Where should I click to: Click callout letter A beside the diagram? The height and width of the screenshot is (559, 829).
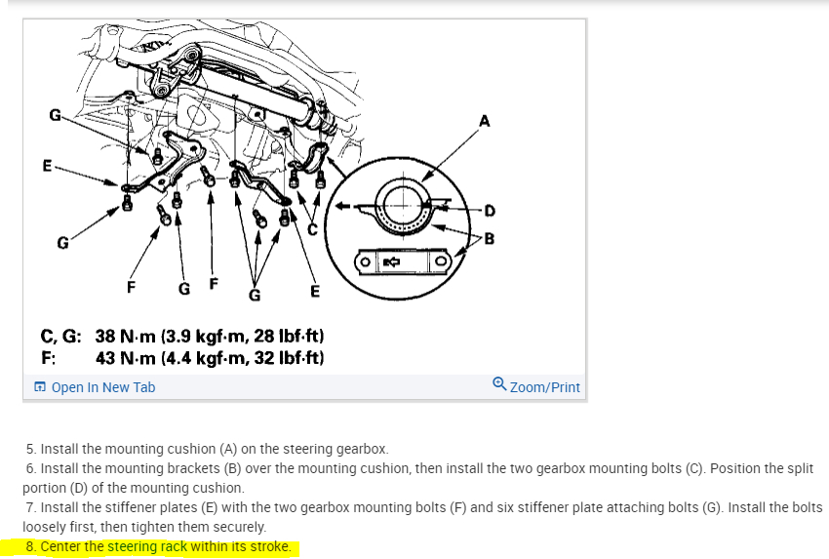pyautogui.click(x=485, y=121)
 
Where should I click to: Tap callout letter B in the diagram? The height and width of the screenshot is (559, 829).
pyautogui.click(x=490, y=237)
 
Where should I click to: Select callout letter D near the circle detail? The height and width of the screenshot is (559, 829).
pyautogui.click(x=490, y=209)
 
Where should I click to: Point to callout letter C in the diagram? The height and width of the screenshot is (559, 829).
pyautogui.click(x=313, y=229)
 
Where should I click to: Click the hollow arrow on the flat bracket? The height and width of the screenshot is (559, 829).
pyautogui.click(x=391, y=262)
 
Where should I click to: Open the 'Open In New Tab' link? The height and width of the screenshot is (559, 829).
pyautogui.click(x=102, y=387)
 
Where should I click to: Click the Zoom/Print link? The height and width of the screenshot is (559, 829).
pyautogui.click(x=544, y=387)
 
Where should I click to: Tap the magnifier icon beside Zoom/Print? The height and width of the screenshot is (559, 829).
pyautogui.click(x=499, y=386)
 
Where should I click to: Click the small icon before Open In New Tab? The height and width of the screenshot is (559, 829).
pyautogui.click(x=40, y=387)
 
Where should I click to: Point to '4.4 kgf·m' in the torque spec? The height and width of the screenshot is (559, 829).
pyautogui.click(x=206, y=358)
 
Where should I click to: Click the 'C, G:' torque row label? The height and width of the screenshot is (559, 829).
pyautogui.click(x=61, y=337)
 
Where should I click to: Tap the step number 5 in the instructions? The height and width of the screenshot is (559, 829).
pyautogui.click(x=30, y=450)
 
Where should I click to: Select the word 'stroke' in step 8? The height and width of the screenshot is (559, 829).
pyautogui.click(x=269, y=546)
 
